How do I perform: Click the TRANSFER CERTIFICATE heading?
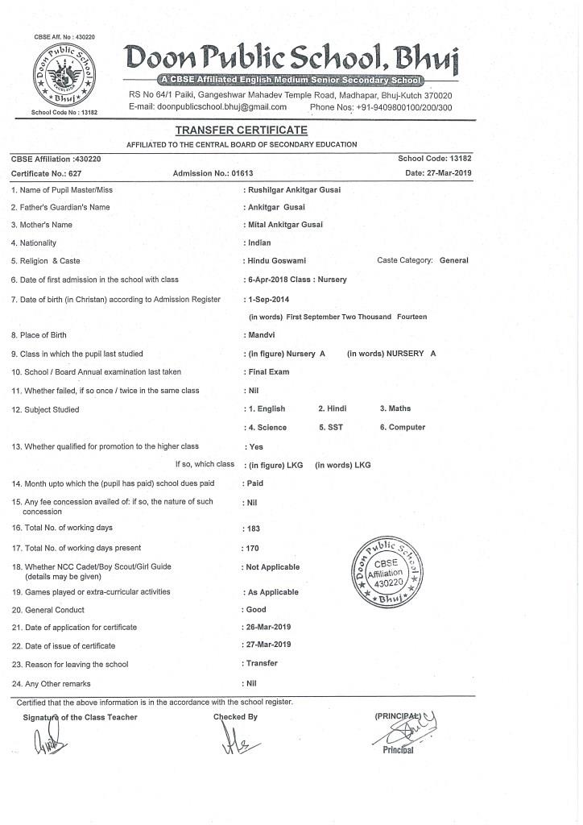pos(241,131)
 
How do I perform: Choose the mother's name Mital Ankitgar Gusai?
pos(285,226)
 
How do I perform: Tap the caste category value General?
pos(453,260)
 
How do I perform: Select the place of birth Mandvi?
pos(260,335)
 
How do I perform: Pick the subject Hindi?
pos(332,409)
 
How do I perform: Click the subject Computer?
pos(403,428)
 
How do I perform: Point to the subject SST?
pos(331,428)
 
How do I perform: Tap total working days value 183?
pos(254,529)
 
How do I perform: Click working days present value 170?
pos(254,549)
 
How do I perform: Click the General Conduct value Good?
pos(256,610)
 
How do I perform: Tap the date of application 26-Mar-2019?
pos(269,628)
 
